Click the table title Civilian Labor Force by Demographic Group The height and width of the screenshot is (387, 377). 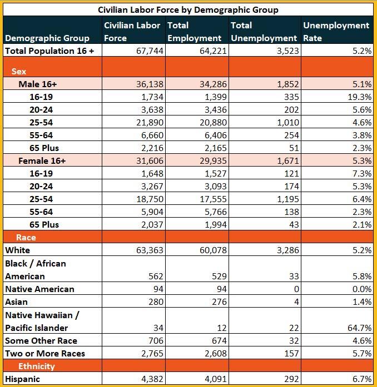point(188,10)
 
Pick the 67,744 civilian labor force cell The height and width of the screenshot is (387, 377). point(150,51)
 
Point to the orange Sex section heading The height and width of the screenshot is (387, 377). point(19,72)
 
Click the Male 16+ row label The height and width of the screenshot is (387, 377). point(38,84)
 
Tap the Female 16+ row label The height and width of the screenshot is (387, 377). point(42,161)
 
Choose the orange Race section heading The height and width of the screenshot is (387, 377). point(26,238)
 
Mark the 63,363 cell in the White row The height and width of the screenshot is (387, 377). point(149,250)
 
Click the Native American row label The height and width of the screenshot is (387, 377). point(39,289)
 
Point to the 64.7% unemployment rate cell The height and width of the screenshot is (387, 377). point(359,328)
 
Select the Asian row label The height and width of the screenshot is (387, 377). point(17,301)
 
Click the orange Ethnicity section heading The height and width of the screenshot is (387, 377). point(37,366)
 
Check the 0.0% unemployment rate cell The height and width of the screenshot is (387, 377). point(361,289)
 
